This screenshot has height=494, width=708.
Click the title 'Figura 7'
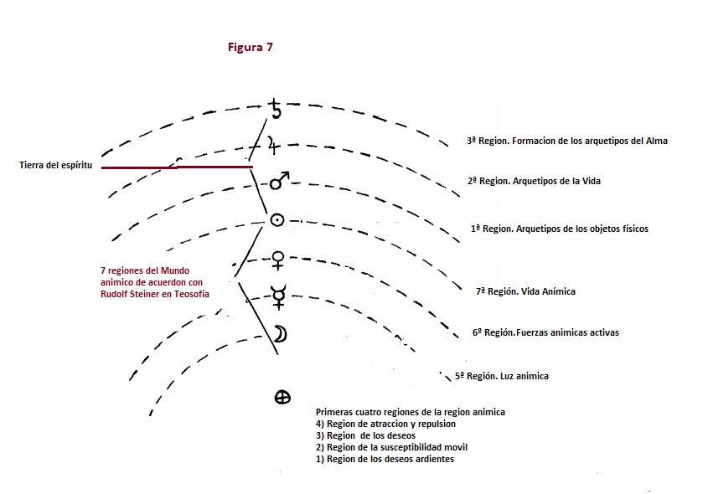coord(251,48)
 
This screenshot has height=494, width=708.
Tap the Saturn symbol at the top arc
coord(276,108)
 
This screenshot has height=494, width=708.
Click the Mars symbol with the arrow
coord(280,179)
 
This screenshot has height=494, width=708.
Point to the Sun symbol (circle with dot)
coord(276,220)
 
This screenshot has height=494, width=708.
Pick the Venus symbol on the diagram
coord(278,260)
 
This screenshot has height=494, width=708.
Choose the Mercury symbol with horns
coord(278,294)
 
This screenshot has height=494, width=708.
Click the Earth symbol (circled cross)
coord(282,398)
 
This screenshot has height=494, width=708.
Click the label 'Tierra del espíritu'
coord(55,166)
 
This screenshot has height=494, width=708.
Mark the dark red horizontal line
coord(176,167)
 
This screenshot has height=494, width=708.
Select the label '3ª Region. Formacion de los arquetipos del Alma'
coord(566,142)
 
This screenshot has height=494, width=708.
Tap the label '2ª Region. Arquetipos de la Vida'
coord(533,181)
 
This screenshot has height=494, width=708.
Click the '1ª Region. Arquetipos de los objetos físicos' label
coord(559,229)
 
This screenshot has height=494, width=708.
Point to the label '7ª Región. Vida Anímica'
coord(525,291)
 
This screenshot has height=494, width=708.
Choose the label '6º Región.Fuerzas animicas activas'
coord(545,332)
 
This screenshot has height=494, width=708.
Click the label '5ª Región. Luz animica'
coord(502,376)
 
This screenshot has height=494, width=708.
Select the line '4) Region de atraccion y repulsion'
coord(386,424)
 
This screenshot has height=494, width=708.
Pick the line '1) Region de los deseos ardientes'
coord(385,459)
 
